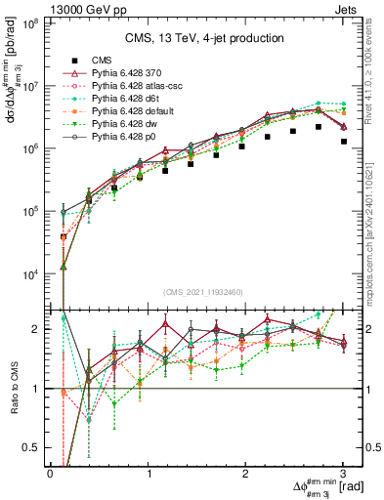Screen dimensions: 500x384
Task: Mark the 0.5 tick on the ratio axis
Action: (x=34, y=447)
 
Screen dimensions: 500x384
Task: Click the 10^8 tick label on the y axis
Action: (x=29, y=23)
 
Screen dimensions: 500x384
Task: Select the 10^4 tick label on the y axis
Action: (x=29, y=274)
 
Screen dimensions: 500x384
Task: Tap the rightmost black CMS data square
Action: (x=344, y=142)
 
